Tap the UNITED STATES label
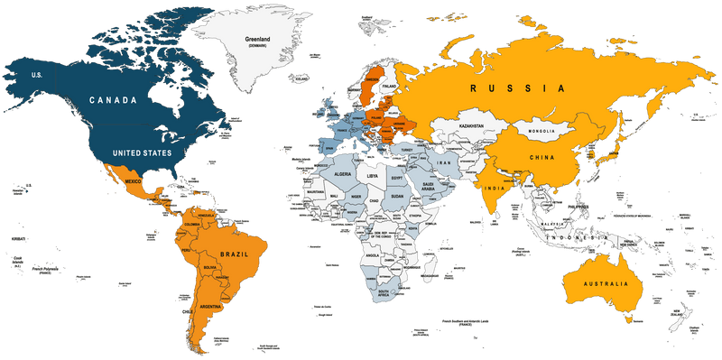click(x=142, y=153)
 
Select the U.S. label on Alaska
click(x=37, y=75)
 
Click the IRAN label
click(x=444, y=163)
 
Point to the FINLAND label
click(x=390, y=88)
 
